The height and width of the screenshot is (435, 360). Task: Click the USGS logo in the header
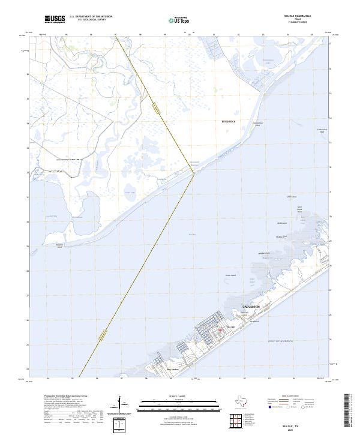55,19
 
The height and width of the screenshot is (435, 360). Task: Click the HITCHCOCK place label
229,121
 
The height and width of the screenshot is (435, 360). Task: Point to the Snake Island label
230,275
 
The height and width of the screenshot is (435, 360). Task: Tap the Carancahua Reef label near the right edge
322,130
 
